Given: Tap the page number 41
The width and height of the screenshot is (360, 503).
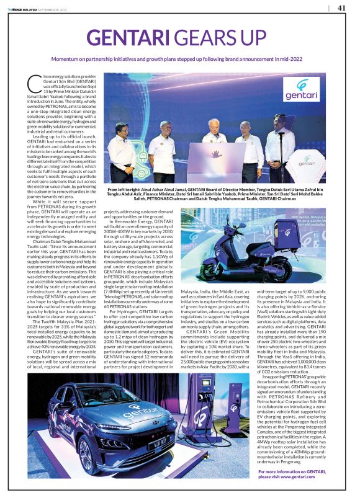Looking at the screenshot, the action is (x=341, y=7).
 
